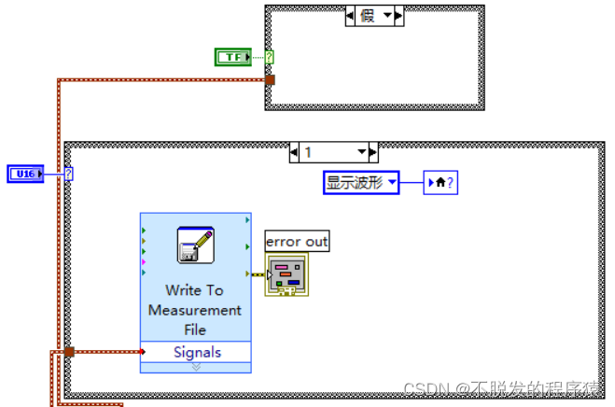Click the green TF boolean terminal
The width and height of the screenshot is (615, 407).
(233, 57)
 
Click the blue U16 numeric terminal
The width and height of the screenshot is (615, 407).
(25, 174)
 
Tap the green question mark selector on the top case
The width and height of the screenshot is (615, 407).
(269, 57)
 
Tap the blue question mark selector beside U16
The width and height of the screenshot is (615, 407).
(69, 174)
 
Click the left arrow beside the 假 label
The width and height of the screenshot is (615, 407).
(350, 16)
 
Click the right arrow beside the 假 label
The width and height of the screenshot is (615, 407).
(398, 16)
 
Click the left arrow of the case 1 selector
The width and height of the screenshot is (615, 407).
(294, 152)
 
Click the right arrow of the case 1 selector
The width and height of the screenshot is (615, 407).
(373, 152)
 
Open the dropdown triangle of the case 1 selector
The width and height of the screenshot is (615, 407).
(362, 151)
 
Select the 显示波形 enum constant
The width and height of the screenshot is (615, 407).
(361, 183)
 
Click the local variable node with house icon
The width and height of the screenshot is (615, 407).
(440, 183)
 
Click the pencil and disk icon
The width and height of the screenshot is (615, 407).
(196, 245)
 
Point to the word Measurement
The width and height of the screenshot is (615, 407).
(195, 310)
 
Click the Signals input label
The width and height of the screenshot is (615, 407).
(197, 352)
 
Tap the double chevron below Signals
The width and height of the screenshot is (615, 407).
(196, 367)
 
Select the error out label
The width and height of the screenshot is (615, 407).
(297, 242)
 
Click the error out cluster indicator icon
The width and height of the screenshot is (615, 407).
(287, 274)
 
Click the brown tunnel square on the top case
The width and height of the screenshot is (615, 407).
(270, 80)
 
